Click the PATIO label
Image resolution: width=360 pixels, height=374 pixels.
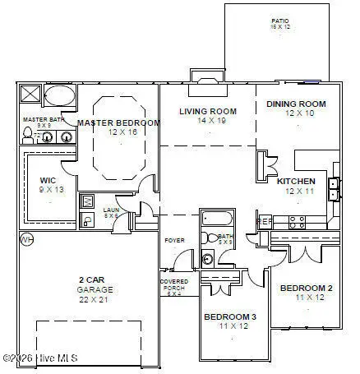click(280, 22)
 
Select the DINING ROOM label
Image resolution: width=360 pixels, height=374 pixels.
click(296, 104)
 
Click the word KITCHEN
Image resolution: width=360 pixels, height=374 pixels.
click(296, 181)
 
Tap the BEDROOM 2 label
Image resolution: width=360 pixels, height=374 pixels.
click(306, 289)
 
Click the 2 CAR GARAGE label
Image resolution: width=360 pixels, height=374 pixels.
click(95, 284)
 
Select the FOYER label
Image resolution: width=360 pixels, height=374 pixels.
click(173, 240)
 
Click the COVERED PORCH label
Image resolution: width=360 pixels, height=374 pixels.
click(173, 285)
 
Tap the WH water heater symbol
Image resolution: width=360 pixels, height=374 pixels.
click(26, 239)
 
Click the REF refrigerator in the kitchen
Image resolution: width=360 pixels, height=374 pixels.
click(265, 221)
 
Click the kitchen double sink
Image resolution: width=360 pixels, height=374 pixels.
click(334, 189)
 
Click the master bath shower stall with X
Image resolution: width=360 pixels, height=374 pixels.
click(29, 92)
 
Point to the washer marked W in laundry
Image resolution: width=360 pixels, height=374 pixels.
click(88, 201)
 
